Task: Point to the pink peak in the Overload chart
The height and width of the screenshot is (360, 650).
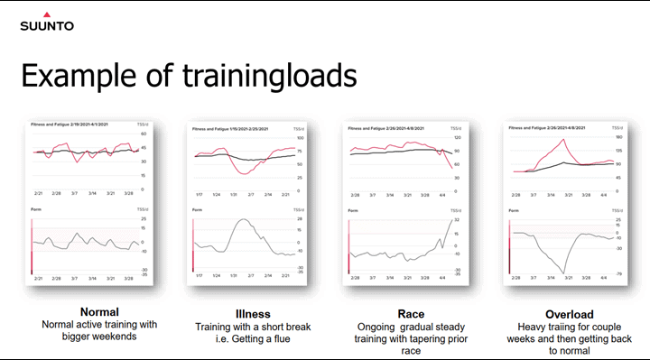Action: tap(563, 139)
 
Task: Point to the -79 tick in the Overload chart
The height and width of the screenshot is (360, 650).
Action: tap(620, 273)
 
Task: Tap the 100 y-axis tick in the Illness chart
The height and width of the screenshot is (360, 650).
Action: tap(299, 138)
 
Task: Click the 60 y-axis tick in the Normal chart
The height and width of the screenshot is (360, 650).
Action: tap(143, 134)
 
